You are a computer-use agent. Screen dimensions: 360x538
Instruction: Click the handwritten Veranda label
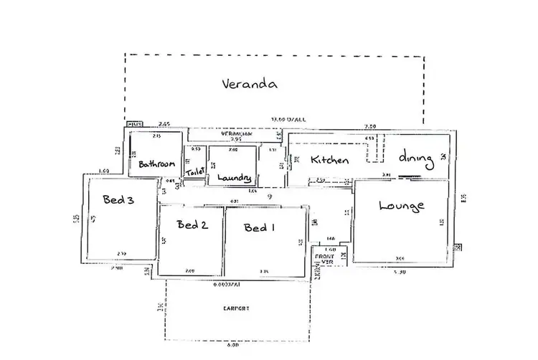point(249,84)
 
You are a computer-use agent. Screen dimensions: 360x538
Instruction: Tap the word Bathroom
point(157,164)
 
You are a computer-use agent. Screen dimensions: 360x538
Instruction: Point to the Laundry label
point(234,177)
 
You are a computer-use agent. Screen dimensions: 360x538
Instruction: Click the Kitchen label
point(329,160)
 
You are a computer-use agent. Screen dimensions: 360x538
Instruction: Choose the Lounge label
point(401,206)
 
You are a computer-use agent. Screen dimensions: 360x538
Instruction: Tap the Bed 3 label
point(118,200)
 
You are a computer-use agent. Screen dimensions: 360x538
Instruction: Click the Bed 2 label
point(192,225)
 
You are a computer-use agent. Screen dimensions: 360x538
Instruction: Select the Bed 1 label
point(259,228)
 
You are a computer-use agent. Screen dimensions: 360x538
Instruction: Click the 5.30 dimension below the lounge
point(401,273)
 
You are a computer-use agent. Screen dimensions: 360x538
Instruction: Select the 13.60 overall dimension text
point(288,119)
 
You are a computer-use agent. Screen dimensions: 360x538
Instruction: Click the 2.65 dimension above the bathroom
point(164,124)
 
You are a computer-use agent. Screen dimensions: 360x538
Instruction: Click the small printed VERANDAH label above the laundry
point(234,134)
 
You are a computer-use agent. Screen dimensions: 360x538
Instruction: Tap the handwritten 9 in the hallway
point(269,196)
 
